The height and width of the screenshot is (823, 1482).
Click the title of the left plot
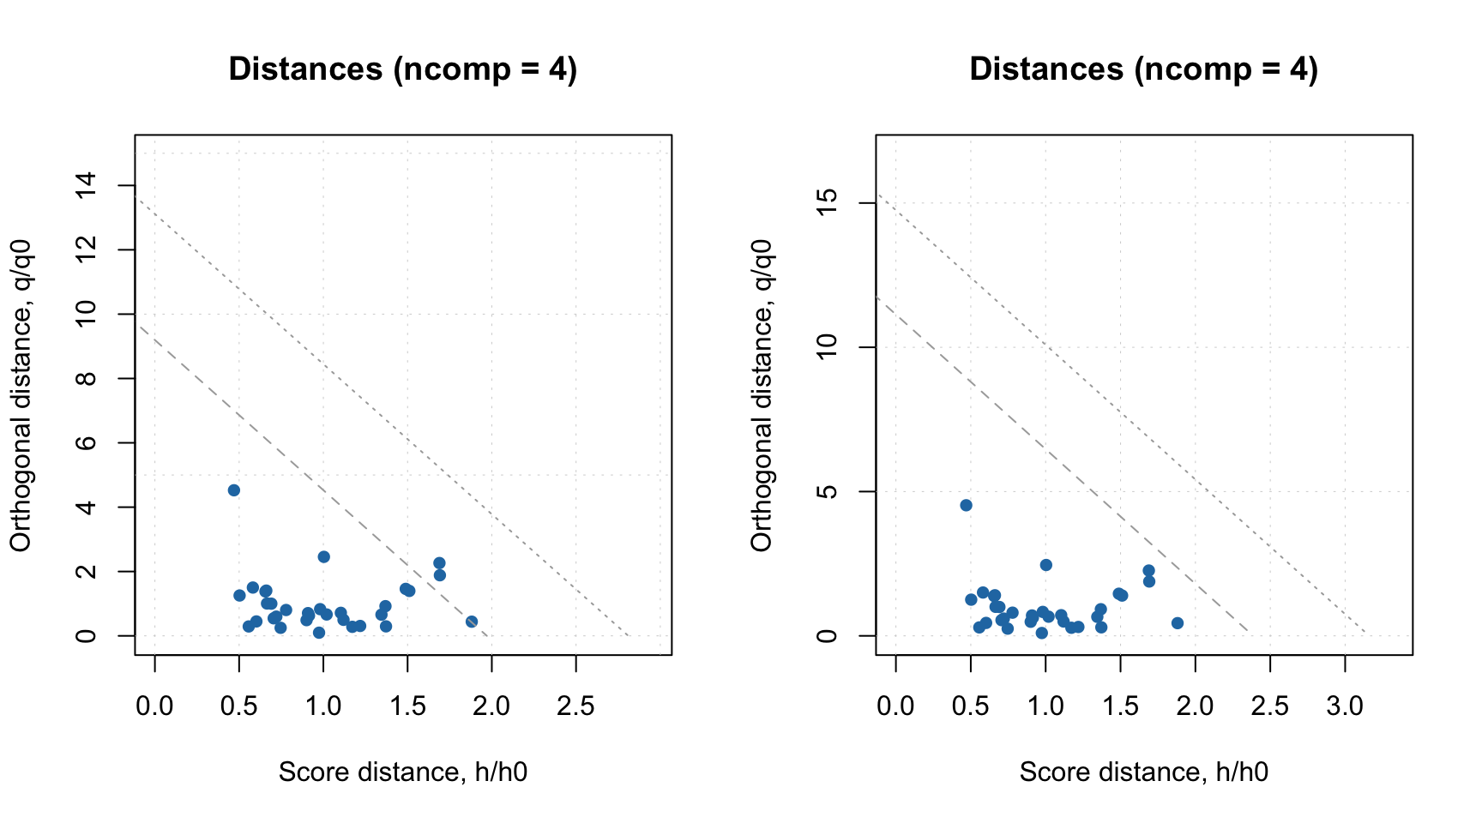(x=402, y=69)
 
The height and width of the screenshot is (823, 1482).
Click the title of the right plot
(x=1143, y=69)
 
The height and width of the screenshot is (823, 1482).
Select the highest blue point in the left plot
(x=233, y=490)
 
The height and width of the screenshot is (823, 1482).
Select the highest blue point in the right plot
(x=966, y=506)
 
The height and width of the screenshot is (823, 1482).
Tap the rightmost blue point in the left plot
(x=472, y=622)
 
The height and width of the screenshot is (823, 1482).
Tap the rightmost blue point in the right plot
(x=1178, y=623)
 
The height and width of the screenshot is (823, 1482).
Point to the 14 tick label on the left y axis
(x=87, y=185)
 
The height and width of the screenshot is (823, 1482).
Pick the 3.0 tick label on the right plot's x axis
(x=1345, y=706)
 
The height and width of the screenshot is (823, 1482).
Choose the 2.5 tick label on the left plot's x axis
(x=575, y=706)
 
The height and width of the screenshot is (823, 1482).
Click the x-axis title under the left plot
(x=402, y=772)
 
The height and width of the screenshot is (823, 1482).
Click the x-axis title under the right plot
(x=1143, y=772)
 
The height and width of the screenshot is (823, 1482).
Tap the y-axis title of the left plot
(x=21, y=395)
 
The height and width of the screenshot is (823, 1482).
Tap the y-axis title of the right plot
(x=762, y=395)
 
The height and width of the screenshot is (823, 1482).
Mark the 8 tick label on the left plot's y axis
(x=87, y=378)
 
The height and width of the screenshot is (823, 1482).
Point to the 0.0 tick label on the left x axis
(x=154, y=706)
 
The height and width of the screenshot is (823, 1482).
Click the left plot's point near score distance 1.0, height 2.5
(x=323, y=557)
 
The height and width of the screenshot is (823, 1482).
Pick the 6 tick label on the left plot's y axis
(x=87, y=442)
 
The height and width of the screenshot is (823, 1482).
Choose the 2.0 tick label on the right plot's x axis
(x=1195, y=706)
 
